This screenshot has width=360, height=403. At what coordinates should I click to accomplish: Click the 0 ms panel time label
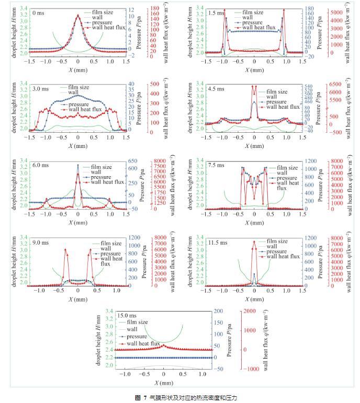tap(38, 11)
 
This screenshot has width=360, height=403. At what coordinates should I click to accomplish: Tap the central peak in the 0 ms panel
tap(78, 16)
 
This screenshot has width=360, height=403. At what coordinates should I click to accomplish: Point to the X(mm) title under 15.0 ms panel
tap(163, 383)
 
